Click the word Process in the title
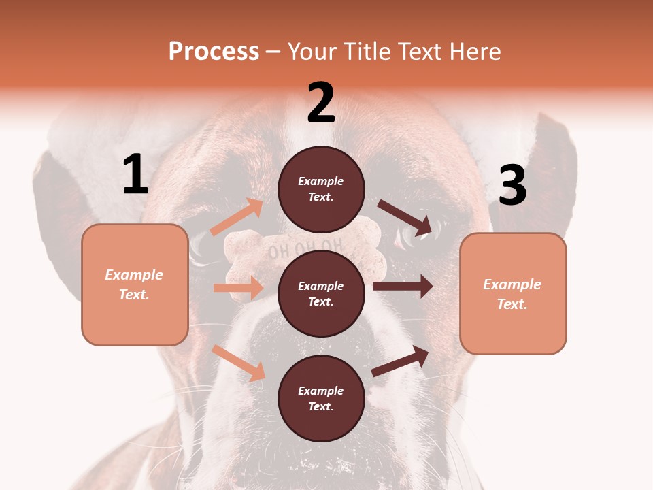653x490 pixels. pyautogui.click(x=214, y=51)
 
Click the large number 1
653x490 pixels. pyautogui.click(x=135, y=175)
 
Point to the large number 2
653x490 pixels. pyautogui.click(x=321, y=103)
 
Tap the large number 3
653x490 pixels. pyautogui.click(x=512, y=185)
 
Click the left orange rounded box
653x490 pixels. pyautogui.click(x=135, y=284)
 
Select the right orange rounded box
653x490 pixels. pyautogui.click(x=513, y=294)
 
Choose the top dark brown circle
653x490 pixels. pyautogui.click(x=321, y=189)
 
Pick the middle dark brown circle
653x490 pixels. pyautogui.click(x=321, y=293)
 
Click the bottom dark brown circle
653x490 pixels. pyautogui.click(x=321, y=398)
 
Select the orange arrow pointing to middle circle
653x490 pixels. pyautogui.click(x=238, y=288)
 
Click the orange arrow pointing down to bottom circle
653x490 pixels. pyautogui.click(x=239, y=363)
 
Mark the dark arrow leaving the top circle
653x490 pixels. pyautogui.click(x=405, y=217)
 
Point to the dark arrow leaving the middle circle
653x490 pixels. pyautogui.click(x=403, y=287)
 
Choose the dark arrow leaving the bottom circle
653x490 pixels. pyautogui.click(x=401, y=361)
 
